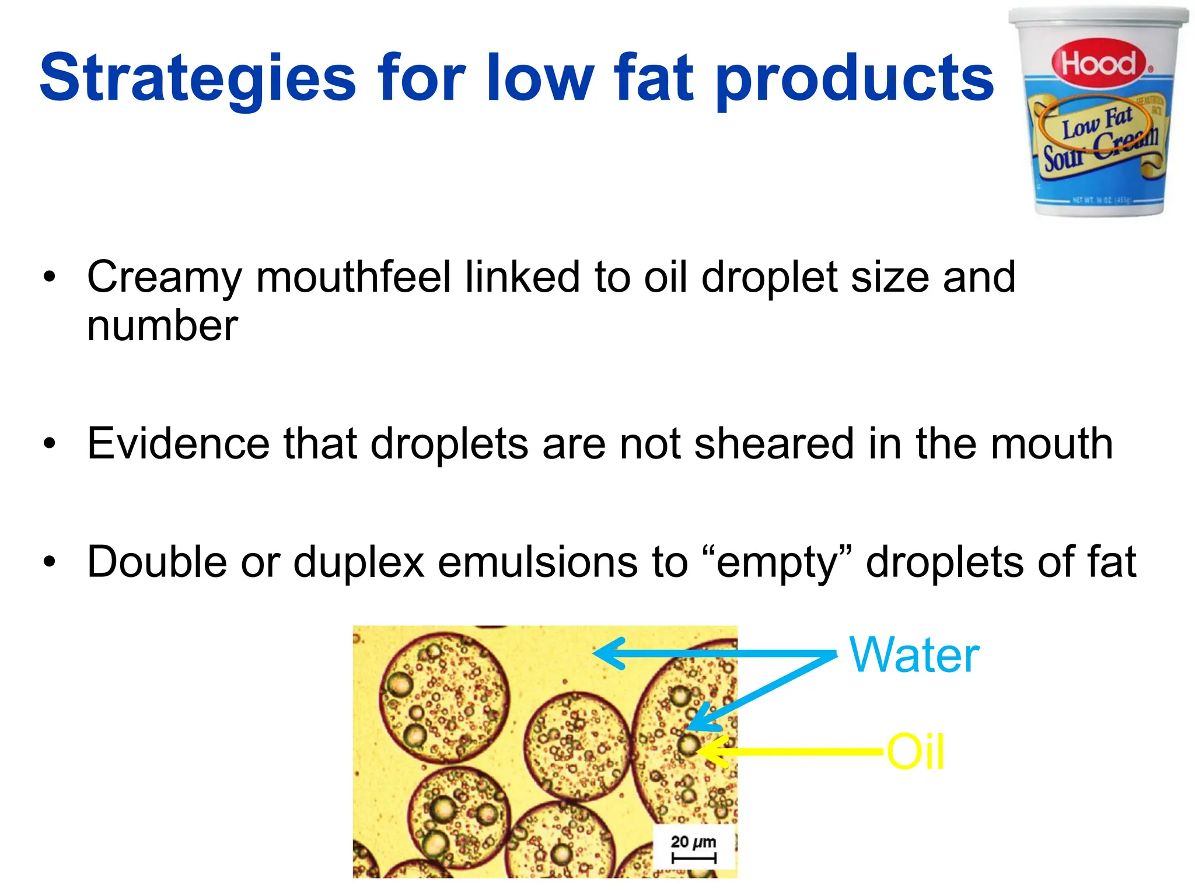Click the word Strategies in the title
197,79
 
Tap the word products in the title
854,79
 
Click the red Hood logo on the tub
1099,63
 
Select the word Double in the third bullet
156,562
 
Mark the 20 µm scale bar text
693,842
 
